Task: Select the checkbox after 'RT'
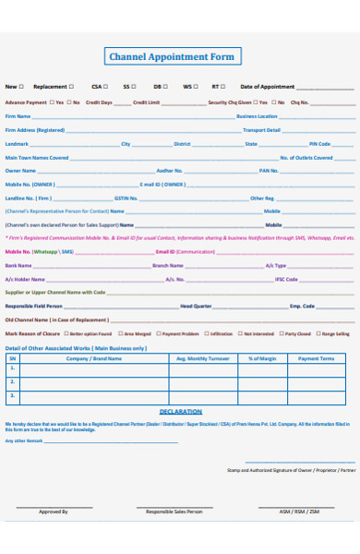point(224,87)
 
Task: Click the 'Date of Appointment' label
point(267,87)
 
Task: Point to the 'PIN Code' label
point(319,144)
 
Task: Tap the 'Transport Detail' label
point(262,130)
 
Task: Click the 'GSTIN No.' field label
point(126,198)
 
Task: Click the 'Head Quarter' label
point(196,306)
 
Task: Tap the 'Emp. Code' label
point(302,306)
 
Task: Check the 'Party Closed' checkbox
point(280,333)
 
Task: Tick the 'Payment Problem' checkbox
point(158,333)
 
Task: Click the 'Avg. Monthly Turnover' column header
point(203,358)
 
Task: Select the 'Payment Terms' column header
point(316,358)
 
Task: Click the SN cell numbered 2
point(12,381)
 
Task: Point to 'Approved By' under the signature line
point(53,511)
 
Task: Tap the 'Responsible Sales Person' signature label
point(174,511)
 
